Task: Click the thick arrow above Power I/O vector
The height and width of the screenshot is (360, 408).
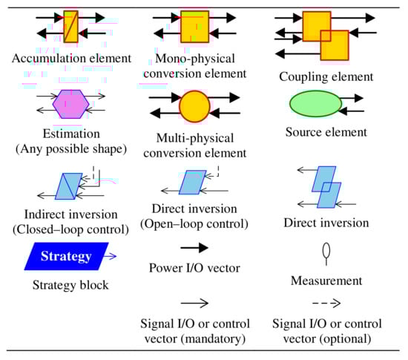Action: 194,249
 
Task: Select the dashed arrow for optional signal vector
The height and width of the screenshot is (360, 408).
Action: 326,303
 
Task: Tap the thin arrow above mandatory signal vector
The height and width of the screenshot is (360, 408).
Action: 194,303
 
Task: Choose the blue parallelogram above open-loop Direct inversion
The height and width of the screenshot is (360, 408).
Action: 194,182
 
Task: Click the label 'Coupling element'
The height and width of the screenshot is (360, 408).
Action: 326,77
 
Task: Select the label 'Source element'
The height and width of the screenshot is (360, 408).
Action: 326,133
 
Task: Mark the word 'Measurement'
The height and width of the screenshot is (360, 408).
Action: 326,281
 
